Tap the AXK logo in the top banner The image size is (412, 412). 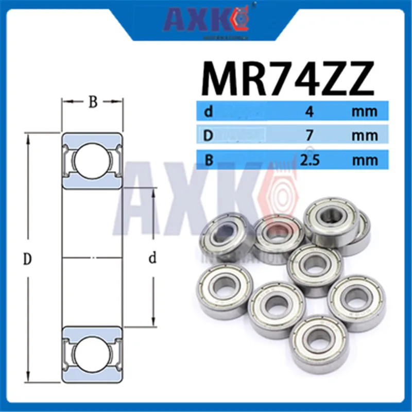click(206, 20)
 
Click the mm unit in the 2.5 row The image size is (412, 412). click(365, 160)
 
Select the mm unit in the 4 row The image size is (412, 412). click(365, 111)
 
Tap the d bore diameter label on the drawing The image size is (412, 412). click(152, 259)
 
